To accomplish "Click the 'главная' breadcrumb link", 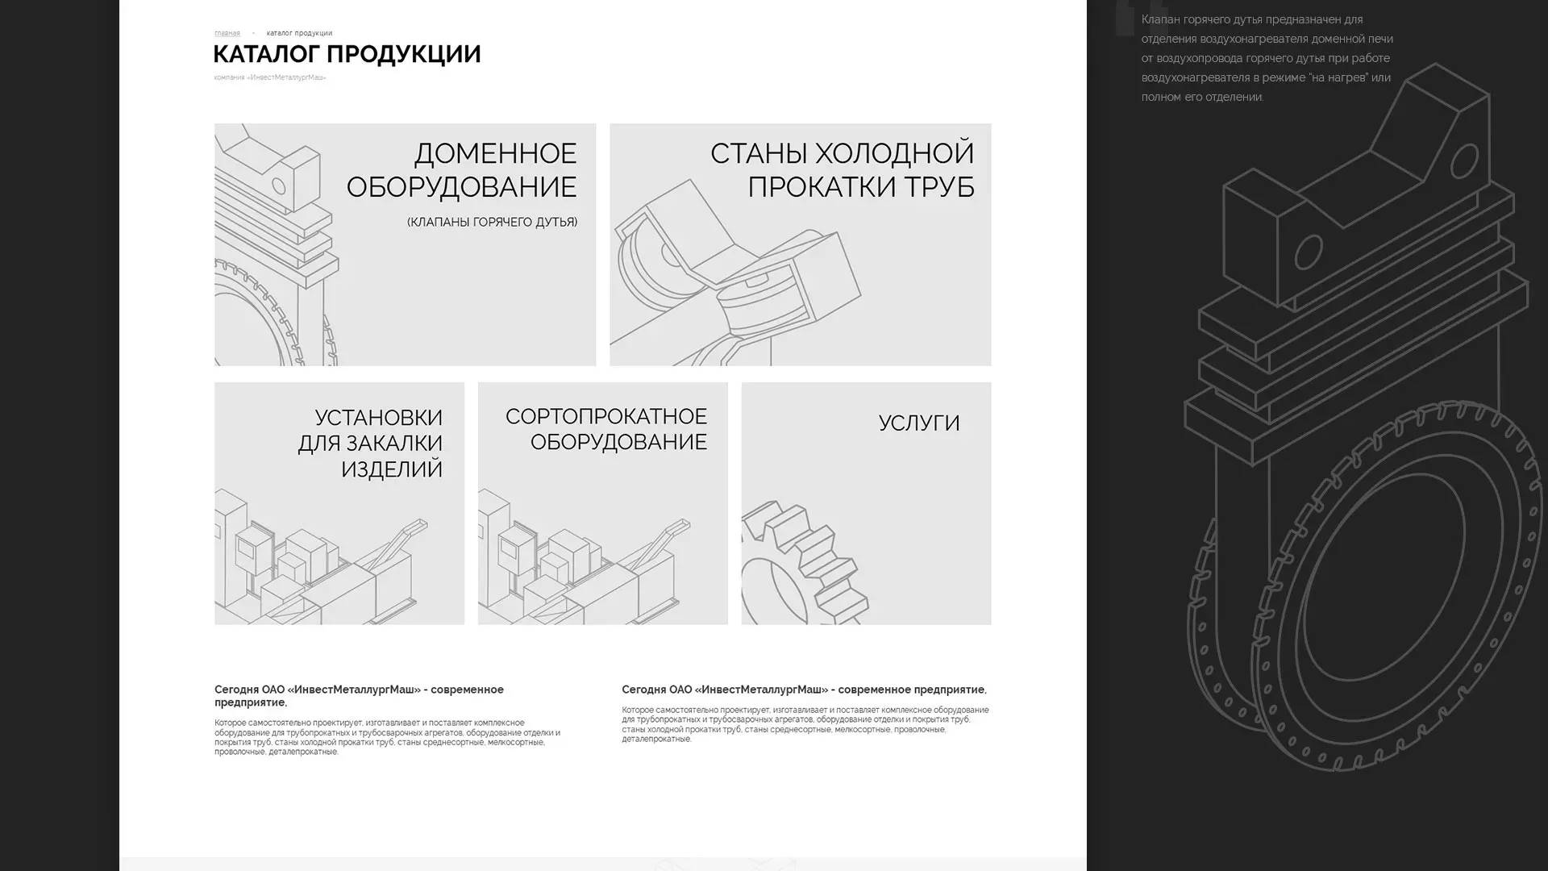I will tap(227, 33).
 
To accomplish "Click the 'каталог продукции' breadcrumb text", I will tap(299, 33).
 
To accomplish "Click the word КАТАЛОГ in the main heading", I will tap(266, 54).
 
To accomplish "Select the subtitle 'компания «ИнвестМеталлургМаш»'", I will tap(269, 77).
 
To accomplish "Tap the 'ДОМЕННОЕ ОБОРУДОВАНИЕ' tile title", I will tap(461, 169).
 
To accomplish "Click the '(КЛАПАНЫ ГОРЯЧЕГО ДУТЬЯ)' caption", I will tap(492, 222).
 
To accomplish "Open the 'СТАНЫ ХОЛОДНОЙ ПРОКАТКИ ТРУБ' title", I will tap(842, 169).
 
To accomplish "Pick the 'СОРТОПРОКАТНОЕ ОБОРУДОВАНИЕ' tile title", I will tap(606, 428).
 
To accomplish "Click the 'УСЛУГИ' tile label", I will tap(918, 423).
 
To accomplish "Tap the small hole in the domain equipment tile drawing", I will tap(278, 186).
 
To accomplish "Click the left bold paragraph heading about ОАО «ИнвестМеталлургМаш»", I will tap(359, 695).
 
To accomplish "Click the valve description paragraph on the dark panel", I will tap(1266, 58).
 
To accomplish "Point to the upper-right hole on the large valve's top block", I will tap(1463, 160).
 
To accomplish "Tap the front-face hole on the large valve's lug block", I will tap(1308, 252).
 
